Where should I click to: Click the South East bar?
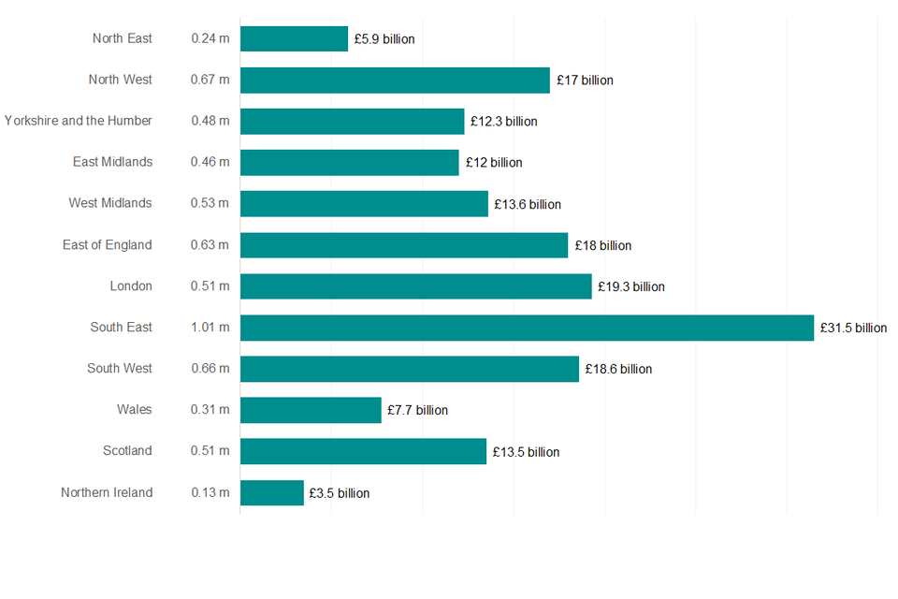pyautogui.click(x=527, y=328)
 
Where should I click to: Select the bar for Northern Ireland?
pyautogui.click(x=272, y=492)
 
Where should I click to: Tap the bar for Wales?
pyautogui.click(x=311, y=410)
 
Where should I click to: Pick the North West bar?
pyautogui.click(x=395, y=80)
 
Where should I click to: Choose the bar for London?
pyautogui.click(x=416, y=286)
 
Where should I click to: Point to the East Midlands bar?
pyautogui.click(x=350, y=163)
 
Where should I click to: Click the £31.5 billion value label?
pyautogui.click(x=853, y=329)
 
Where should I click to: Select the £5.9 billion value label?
pyautogui.click(x=384, y=39)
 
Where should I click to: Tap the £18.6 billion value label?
pyautogui.click(x=618, y=370)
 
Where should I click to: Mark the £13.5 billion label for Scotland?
pyautogui.click(x=526, y=452)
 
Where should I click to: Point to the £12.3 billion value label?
pyautogui.click(x=503, y=122)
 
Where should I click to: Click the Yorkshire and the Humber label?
pyautogui.click(x=79, y=121)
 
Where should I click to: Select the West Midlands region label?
pyautogui.click(x=110, y=203)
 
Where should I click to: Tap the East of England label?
pyautogui.click(x=107, y=245)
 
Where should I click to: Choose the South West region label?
pyautogui.click(x=120, y=369)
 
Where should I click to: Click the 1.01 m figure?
pyautogui.click(x=210, y=328)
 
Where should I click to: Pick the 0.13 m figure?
pyautogui.click(x=210, y=492)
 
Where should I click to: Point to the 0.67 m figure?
pyautogui.click(x=210, y=80)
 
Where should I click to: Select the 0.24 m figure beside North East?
pyautogui.click(x=210, y=39)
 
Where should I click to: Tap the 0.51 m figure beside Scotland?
pyautogui.click(x=210, y=451)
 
